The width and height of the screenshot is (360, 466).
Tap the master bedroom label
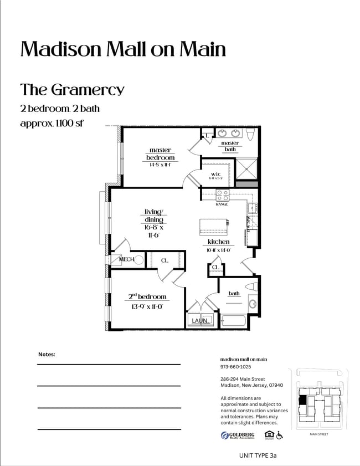pyautogui.click(x=160, y=153)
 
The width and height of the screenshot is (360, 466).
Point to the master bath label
pyautogui.click(x=230, y=146)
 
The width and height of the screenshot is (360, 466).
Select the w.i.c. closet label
pyautogui.click(x=216, y=174)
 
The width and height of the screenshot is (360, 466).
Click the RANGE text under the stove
pyautogui.click(x=222, y=204)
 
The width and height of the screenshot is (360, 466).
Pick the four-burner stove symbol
pyautogui.click(x=222, y=195)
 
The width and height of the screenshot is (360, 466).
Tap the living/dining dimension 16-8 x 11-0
pyautogui.click(x=153, y=231)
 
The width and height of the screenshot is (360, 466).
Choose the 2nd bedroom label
pyautogui.click(x=144, y=297)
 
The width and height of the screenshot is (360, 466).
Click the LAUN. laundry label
pyautogui.click(x=200, y=321)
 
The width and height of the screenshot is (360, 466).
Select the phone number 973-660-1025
pyautogui.click(x=235, y=367)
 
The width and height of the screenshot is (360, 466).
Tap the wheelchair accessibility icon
pyautogui.click(x=280, y=435)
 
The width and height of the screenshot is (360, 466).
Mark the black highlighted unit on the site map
pyautogui.click(x=302, y=400)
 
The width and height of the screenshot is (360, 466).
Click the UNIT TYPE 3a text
pyautogui.click(x=258, y=455)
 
